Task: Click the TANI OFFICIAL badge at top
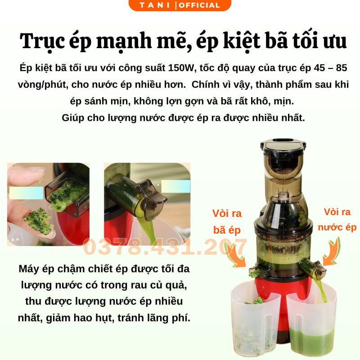180,5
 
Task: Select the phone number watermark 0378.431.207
165,247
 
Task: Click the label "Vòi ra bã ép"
227,221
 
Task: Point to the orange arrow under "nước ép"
332,252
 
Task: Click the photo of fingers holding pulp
48,204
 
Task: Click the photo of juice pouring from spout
147,204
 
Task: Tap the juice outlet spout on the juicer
317,269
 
